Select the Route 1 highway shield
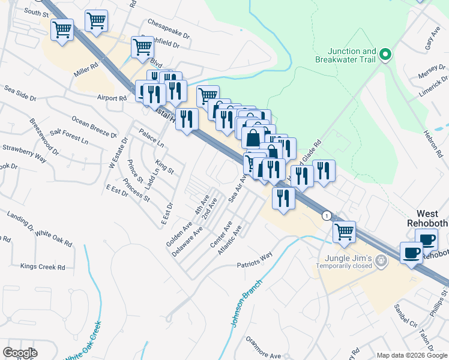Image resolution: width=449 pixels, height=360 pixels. pos(326,215)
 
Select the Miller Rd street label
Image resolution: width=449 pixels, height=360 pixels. pos(86,70)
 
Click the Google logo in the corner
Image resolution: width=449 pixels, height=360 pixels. pos(19,353)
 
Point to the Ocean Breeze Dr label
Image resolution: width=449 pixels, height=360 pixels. pos(94,127)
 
